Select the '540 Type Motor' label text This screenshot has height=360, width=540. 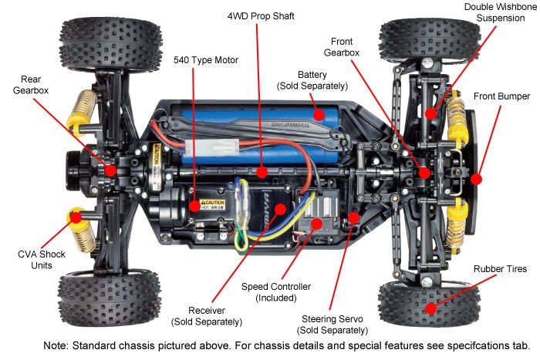204,59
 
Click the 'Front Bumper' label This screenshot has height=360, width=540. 502,96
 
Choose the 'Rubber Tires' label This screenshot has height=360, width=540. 501,269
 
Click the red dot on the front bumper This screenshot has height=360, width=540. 476,179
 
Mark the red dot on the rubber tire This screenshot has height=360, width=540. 430,308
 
